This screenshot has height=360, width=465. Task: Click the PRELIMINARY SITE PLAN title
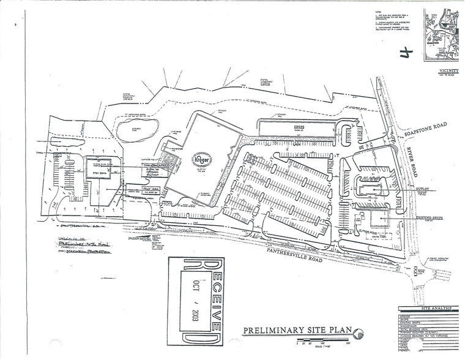click(297, 331)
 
